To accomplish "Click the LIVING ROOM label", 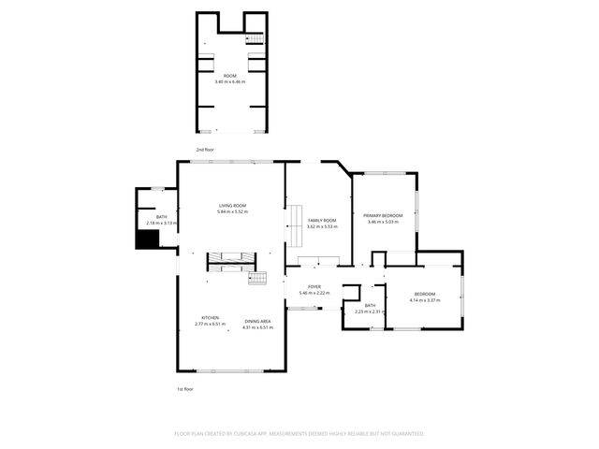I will pyautogui.click(x=232, y=206).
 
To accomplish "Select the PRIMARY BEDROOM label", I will pyautogui.click(x=384, y=215).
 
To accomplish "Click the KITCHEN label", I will pyautogui.click(x=211, y=318).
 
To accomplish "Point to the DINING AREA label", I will pyautogui.click(x=258, y=321).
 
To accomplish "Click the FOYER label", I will pyautogui.click(x=314, y=287).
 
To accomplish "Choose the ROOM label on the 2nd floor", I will pyautogui.click(x=229, y=75).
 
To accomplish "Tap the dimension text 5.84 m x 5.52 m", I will pyautogui.click(x=232, y=211).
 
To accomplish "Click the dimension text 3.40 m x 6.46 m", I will pyautogui.click(x=229, y=81).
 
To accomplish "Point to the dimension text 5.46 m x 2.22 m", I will pyautogui.click(x=314, y=293).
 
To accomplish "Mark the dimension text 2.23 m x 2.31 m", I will pyautogui.click(x=370, y=311).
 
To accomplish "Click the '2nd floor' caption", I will pyautogui.click(x=205, y=150).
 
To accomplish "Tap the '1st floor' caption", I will pyautogui.click(x=184, y=388).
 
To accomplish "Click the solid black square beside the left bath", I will pyautogui.click(x=145, y=239).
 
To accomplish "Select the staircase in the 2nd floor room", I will pyautogui.click(x=253, y=37).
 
